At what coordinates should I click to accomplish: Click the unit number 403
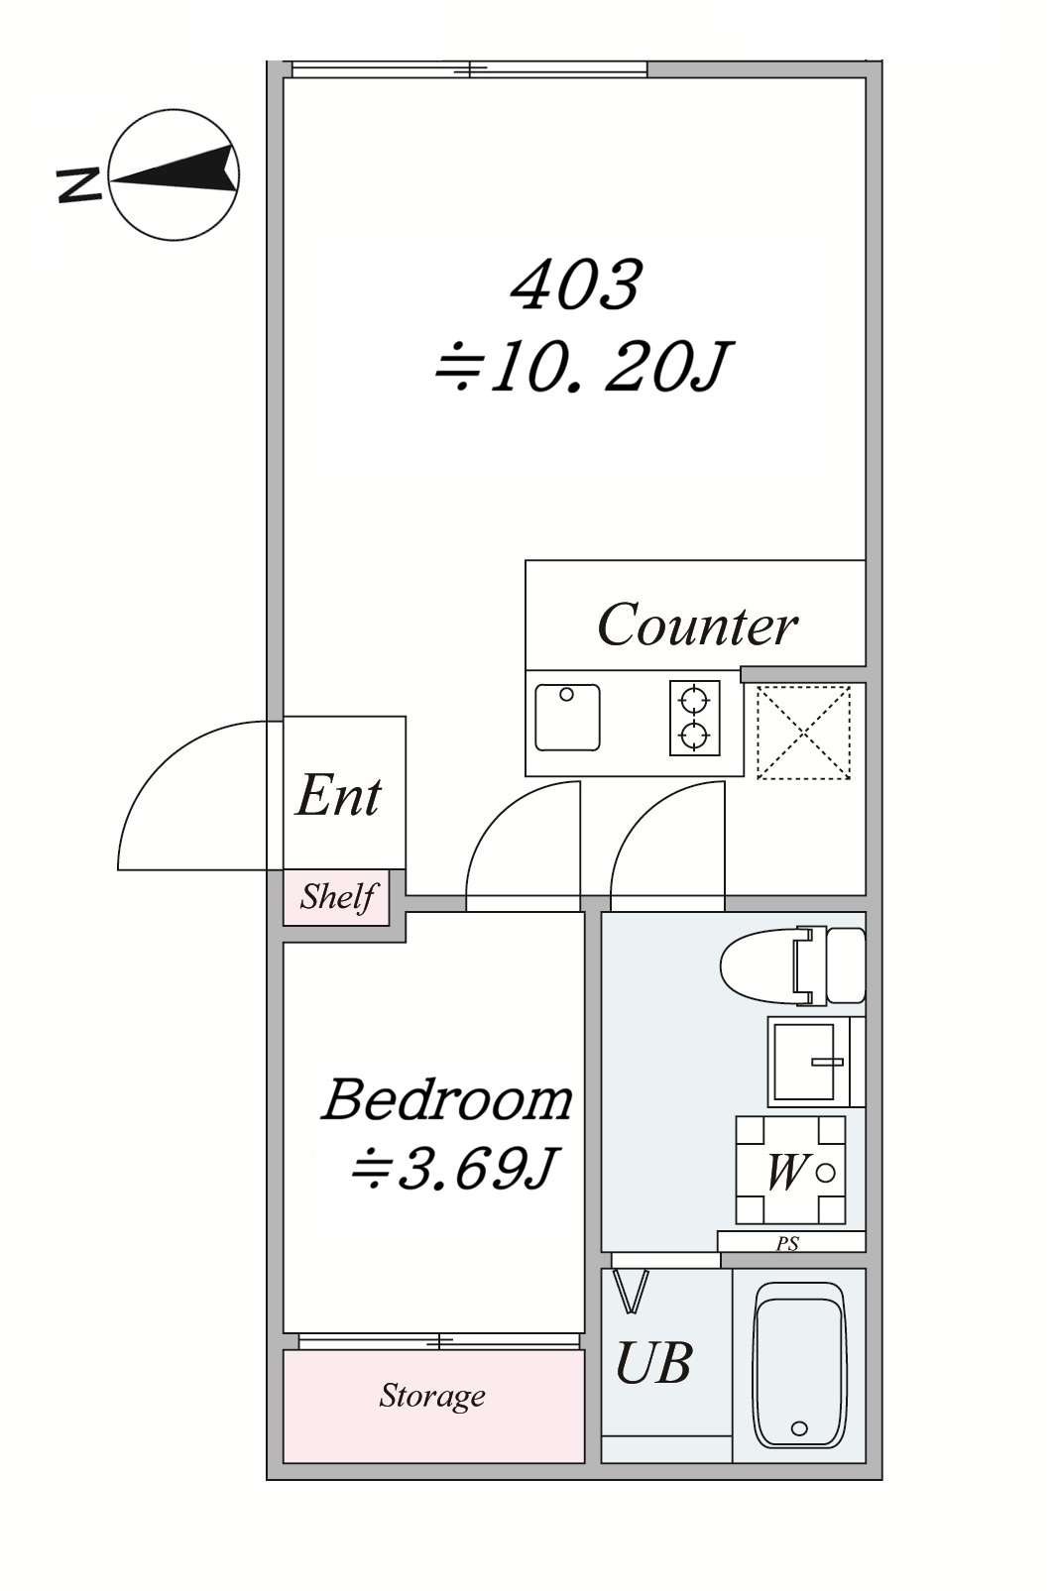point(577,284)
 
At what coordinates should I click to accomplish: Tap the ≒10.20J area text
point(582,367)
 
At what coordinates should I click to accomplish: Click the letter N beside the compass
point(79,186)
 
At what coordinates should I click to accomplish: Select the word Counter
point(697,625)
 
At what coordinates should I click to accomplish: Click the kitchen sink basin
point(567,718)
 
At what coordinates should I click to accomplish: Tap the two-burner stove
point(695,718)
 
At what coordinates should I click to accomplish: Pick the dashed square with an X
point(803,733)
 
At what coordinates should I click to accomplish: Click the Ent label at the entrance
point(338,795)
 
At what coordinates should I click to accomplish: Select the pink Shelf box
point(337,898)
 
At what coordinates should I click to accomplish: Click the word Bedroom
point(447,1100)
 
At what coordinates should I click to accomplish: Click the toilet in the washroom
point(792,966)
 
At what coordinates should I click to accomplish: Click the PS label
point(787,1243)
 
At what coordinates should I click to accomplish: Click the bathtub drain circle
point(799,1428)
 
